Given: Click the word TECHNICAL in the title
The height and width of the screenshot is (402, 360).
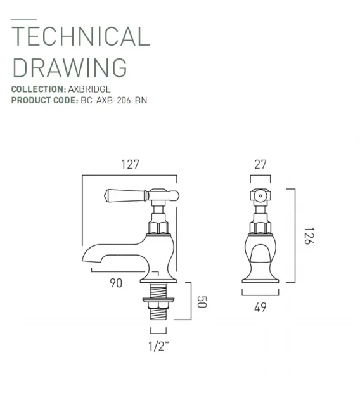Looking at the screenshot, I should pos(81,37).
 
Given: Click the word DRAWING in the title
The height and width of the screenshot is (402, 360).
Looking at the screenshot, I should pos(70,68).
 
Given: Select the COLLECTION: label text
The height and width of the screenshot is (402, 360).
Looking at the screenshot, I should pos(39,89).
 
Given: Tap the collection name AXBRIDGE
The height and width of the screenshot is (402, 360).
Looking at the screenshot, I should pos(89,89).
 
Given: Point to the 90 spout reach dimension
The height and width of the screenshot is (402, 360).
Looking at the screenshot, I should pos(116,283).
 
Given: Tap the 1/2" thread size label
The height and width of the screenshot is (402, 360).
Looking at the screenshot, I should pos(158,346).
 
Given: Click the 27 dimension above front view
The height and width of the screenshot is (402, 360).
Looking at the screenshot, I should pos(260,164).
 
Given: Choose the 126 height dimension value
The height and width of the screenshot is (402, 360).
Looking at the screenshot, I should pos(308,237).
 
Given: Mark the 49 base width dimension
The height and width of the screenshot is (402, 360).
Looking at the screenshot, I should pos(260,308).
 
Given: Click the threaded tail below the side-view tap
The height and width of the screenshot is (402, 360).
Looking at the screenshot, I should pos(158,311).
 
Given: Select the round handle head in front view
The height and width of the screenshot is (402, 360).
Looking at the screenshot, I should pos(259,197).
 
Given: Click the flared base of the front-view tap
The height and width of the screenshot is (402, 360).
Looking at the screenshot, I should pos(260,276).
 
